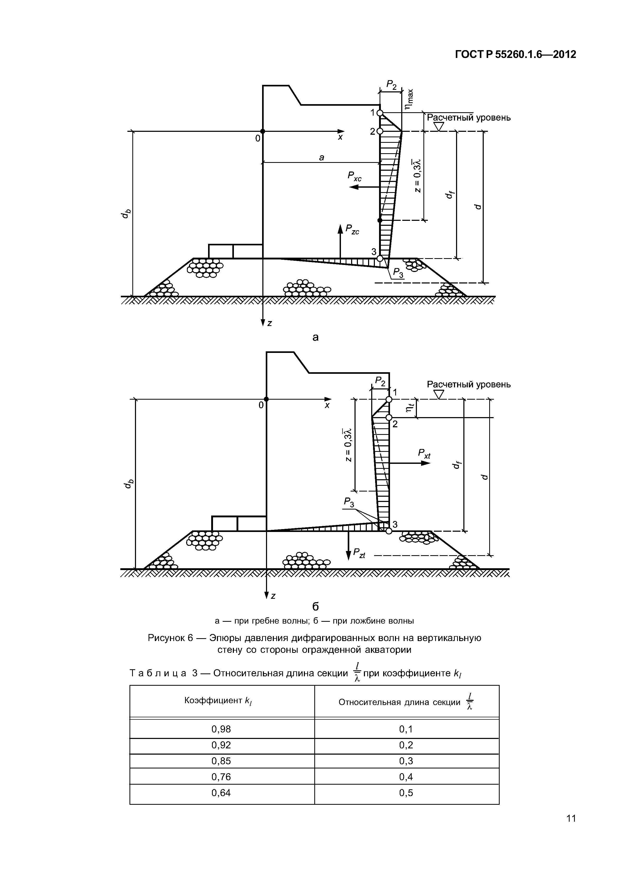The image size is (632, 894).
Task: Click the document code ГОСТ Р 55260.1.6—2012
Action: (x=515, y=55)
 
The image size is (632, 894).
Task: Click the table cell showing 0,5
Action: (x=406, y=793)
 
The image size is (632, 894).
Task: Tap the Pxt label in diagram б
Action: (x=424, y=454)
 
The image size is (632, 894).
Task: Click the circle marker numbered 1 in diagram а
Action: (x=380, y=113)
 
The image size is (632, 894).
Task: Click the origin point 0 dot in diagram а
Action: (x=263, y=132)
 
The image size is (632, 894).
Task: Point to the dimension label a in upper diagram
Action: (x=322, y=157)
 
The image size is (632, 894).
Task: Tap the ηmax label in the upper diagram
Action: (x=409, y=100)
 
